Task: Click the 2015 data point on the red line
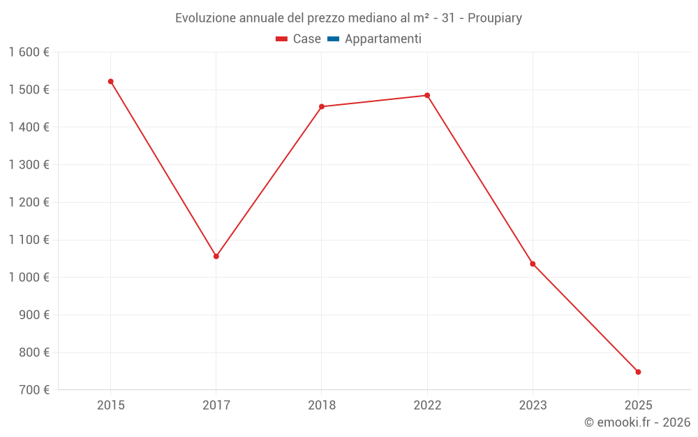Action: [x=110, y=82]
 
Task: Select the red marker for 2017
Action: [x=216, y=257]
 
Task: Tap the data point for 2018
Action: [x=322, y=107]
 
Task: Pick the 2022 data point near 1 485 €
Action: [x=427, y=96]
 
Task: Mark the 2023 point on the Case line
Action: [x=533, y=264]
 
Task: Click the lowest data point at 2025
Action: [x=638, y=372]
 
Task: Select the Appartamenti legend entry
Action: [x=383, y=39]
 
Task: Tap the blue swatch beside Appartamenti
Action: [x=333, y=39]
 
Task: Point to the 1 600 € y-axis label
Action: [x=29, y=52]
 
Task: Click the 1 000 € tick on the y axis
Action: [x=29, y=278]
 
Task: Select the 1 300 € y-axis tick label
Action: [x=29, y=165]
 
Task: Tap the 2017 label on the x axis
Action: [x=216, y=406]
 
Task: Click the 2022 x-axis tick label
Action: [x=427, y=406]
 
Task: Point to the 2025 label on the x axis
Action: [x=638, y=406]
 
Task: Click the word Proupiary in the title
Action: [x=494, y=18]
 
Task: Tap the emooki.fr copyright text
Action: [x=637, y=422]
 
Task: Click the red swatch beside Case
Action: [x=282, y=39]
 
